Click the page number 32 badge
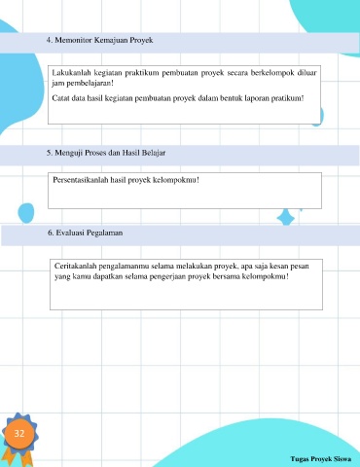[x=19, y=433]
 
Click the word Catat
[x=60, y=98]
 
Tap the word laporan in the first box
[x=257, y=98]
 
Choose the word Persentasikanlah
[x=81, y=180]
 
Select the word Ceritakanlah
[x=76, y=266]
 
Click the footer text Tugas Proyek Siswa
[x=321, y=459]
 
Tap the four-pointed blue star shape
[x=286, y=218]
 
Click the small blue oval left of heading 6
[x=26, y=213]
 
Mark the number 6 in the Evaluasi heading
[x=51, y=233]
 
